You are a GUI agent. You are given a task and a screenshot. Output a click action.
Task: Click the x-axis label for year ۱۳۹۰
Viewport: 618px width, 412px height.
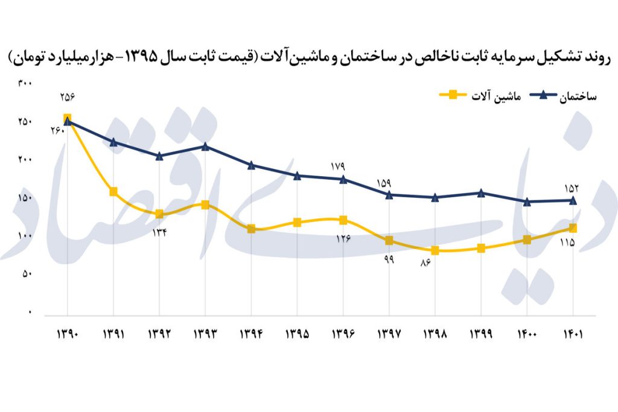[x=66, y=334]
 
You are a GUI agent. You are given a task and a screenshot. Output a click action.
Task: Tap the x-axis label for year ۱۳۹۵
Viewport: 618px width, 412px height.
[x=297, y=334]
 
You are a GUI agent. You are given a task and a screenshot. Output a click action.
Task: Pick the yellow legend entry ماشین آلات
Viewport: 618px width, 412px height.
[x=479, y=95]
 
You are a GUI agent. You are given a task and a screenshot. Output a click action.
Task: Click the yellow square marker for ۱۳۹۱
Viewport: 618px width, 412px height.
[x=113, y=192]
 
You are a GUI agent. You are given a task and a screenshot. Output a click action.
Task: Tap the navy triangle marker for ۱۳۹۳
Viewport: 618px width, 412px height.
[x=205, y=146]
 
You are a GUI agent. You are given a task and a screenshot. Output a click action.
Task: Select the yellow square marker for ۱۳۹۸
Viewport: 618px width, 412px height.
[x=435, y=250]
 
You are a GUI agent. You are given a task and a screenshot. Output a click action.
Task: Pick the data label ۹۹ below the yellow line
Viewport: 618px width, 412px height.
[x=388, y=259]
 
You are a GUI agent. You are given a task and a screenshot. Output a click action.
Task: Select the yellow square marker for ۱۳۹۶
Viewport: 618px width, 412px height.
[x=343, y=220]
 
